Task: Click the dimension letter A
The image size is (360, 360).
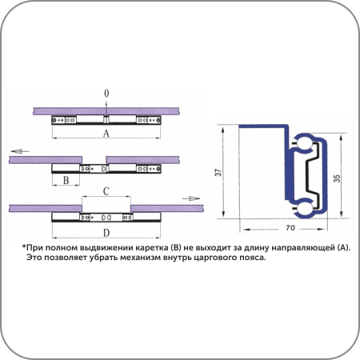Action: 106,133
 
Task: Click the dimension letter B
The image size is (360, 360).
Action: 66,180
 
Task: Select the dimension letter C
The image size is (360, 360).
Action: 106,191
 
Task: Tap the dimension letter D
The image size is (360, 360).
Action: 106,233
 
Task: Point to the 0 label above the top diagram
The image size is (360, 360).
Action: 106,94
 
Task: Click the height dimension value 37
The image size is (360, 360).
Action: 218,172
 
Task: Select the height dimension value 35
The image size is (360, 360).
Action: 337,178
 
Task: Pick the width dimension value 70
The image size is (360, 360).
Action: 290,228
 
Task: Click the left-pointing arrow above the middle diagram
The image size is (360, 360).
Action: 20,151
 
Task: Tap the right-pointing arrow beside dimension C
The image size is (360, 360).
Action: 191,198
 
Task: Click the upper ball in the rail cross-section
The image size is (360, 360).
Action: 303,144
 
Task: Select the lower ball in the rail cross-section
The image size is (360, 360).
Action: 303,208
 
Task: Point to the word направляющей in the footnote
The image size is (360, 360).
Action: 302,248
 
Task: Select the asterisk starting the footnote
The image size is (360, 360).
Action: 24,246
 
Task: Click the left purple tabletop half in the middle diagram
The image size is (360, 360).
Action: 46,160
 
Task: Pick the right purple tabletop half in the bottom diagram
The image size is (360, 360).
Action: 167,208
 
